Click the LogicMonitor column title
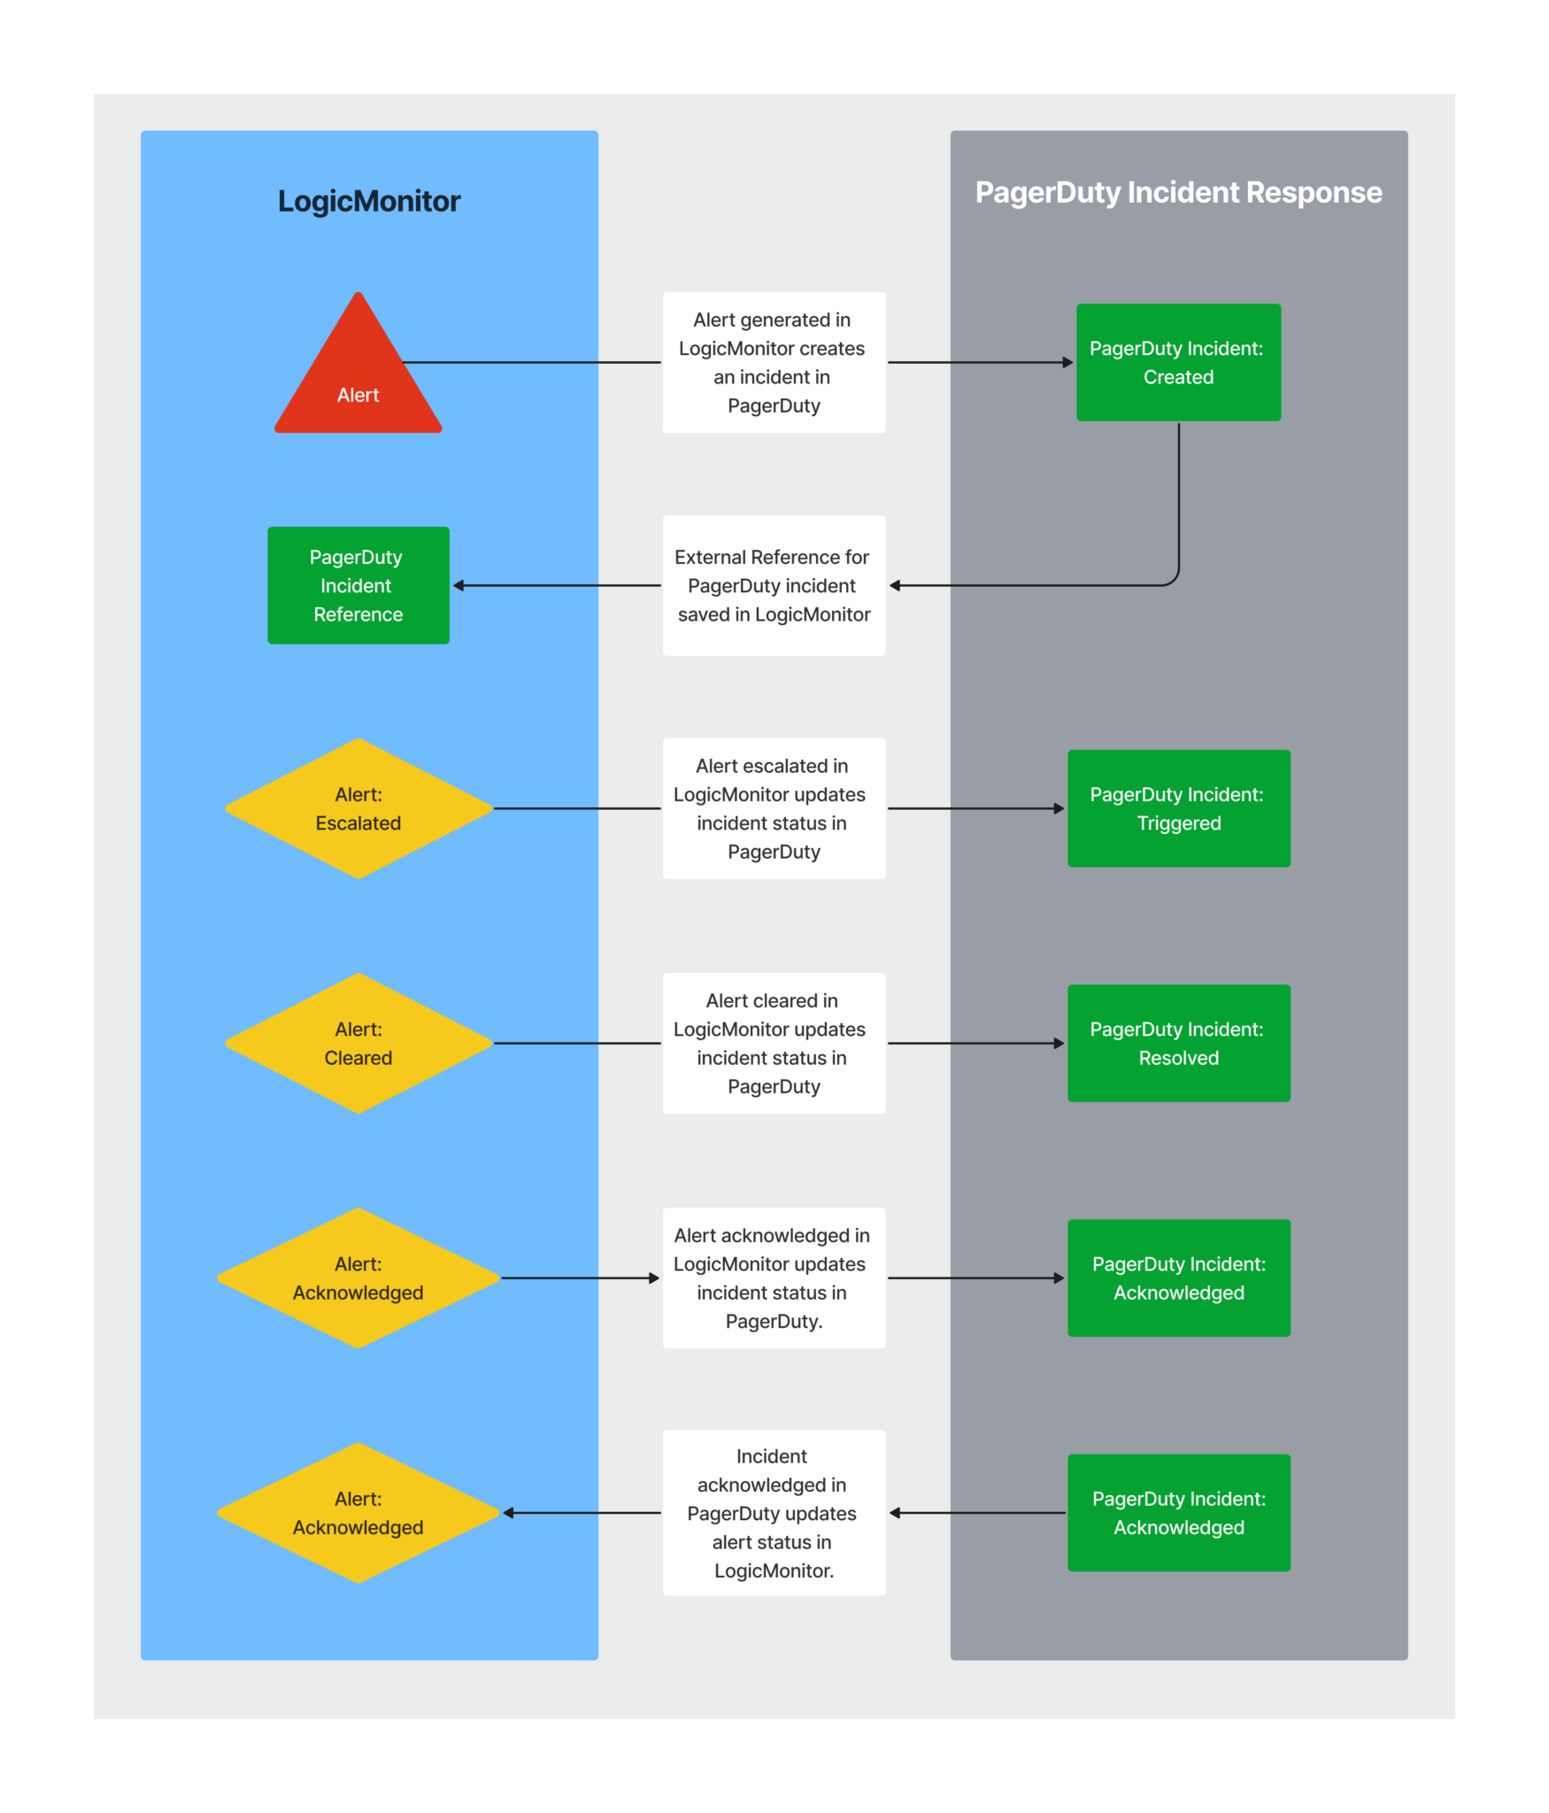369,201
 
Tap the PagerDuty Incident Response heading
1178,192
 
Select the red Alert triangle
358,363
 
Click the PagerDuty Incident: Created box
1178,362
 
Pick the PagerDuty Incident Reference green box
358,585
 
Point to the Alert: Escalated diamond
358,808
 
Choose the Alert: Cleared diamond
358,1043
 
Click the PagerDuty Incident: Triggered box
1178,808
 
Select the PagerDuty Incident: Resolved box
1178,1043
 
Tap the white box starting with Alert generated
774,362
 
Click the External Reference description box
774,585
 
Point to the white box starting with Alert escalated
774,808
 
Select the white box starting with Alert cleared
774,1043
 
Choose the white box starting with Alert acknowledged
774,1277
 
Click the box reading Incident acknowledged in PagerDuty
774,1513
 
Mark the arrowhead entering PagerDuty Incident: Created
1067,362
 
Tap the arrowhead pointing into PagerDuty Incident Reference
459,585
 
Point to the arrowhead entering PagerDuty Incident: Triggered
1059,808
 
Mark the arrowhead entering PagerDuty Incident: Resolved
1059,1043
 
